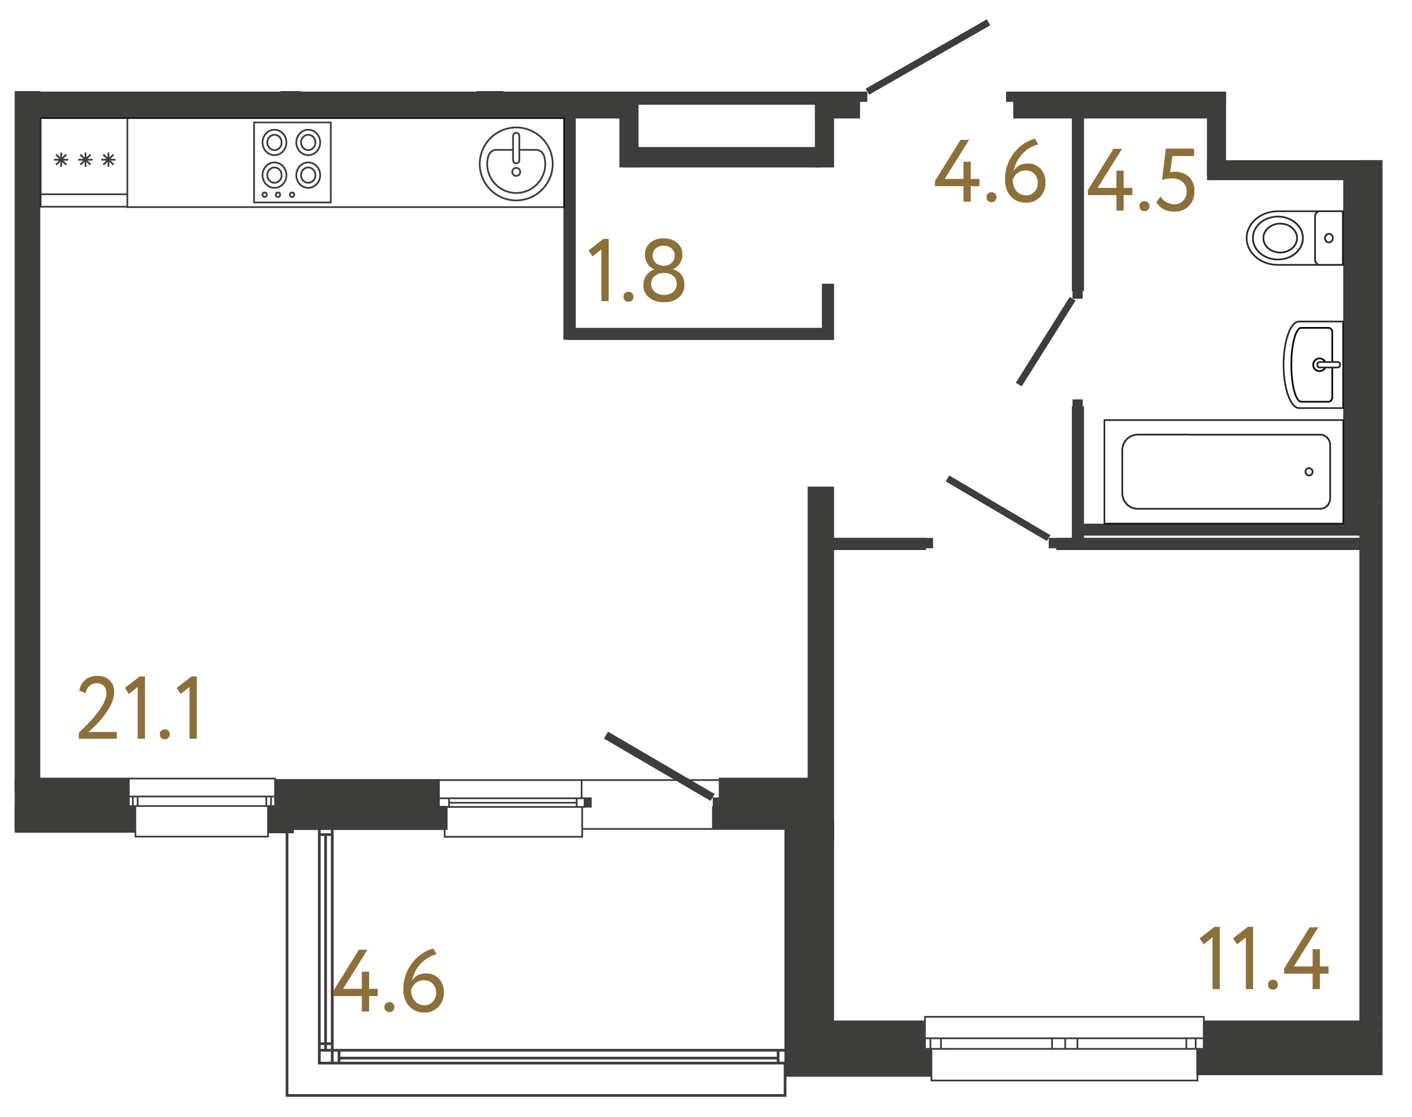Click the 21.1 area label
point(139,708)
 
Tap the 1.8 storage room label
point(636,271)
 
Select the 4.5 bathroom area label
point(1141,181)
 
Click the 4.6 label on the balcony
point(388,981)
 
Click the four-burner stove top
point(292,162)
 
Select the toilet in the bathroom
point(1279,238)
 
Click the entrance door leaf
point(928,57)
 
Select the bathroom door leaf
point(1045,342)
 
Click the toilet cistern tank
point(1328,238)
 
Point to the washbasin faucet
point(1327,365)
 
